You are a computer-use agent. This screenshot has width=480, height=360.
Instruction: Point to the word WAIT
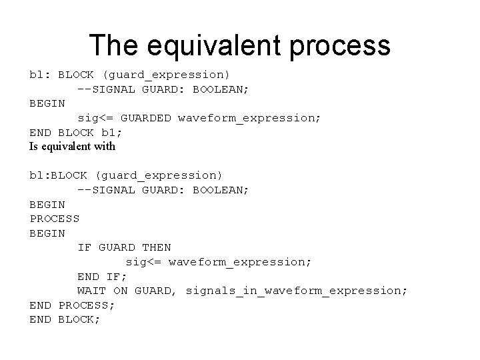point(92,291)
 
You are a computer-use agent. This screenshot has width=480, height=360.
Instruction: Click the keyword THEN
point(156,247)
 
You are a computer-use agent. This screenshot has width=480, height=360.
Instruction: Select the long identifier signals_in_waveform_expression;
point(296,291)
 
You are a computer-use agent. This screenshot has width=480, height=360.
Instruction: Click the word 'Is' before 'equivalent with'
point(34,147)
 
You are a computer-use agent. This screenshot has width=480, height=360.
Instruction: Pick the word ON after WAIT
point(120,291)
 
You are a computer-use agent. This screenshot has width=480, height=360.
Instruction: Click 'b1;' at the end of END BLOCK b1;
point(111,132)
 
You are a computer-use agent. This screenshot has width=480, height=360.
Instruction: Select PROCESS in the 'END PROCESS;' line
point(87,305)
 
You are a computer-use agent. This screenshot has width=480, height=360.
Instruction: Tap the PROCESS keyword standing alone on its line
point(55,219)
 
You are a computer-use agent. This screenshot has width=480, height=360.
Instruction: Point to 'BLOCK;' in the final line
point(79,319)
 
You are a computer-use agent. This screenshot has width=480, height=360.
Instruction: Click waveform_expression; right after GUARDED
point(249,118)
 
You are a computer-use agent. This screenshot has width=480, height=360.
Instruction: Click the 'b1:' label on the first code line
point(40,75)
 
